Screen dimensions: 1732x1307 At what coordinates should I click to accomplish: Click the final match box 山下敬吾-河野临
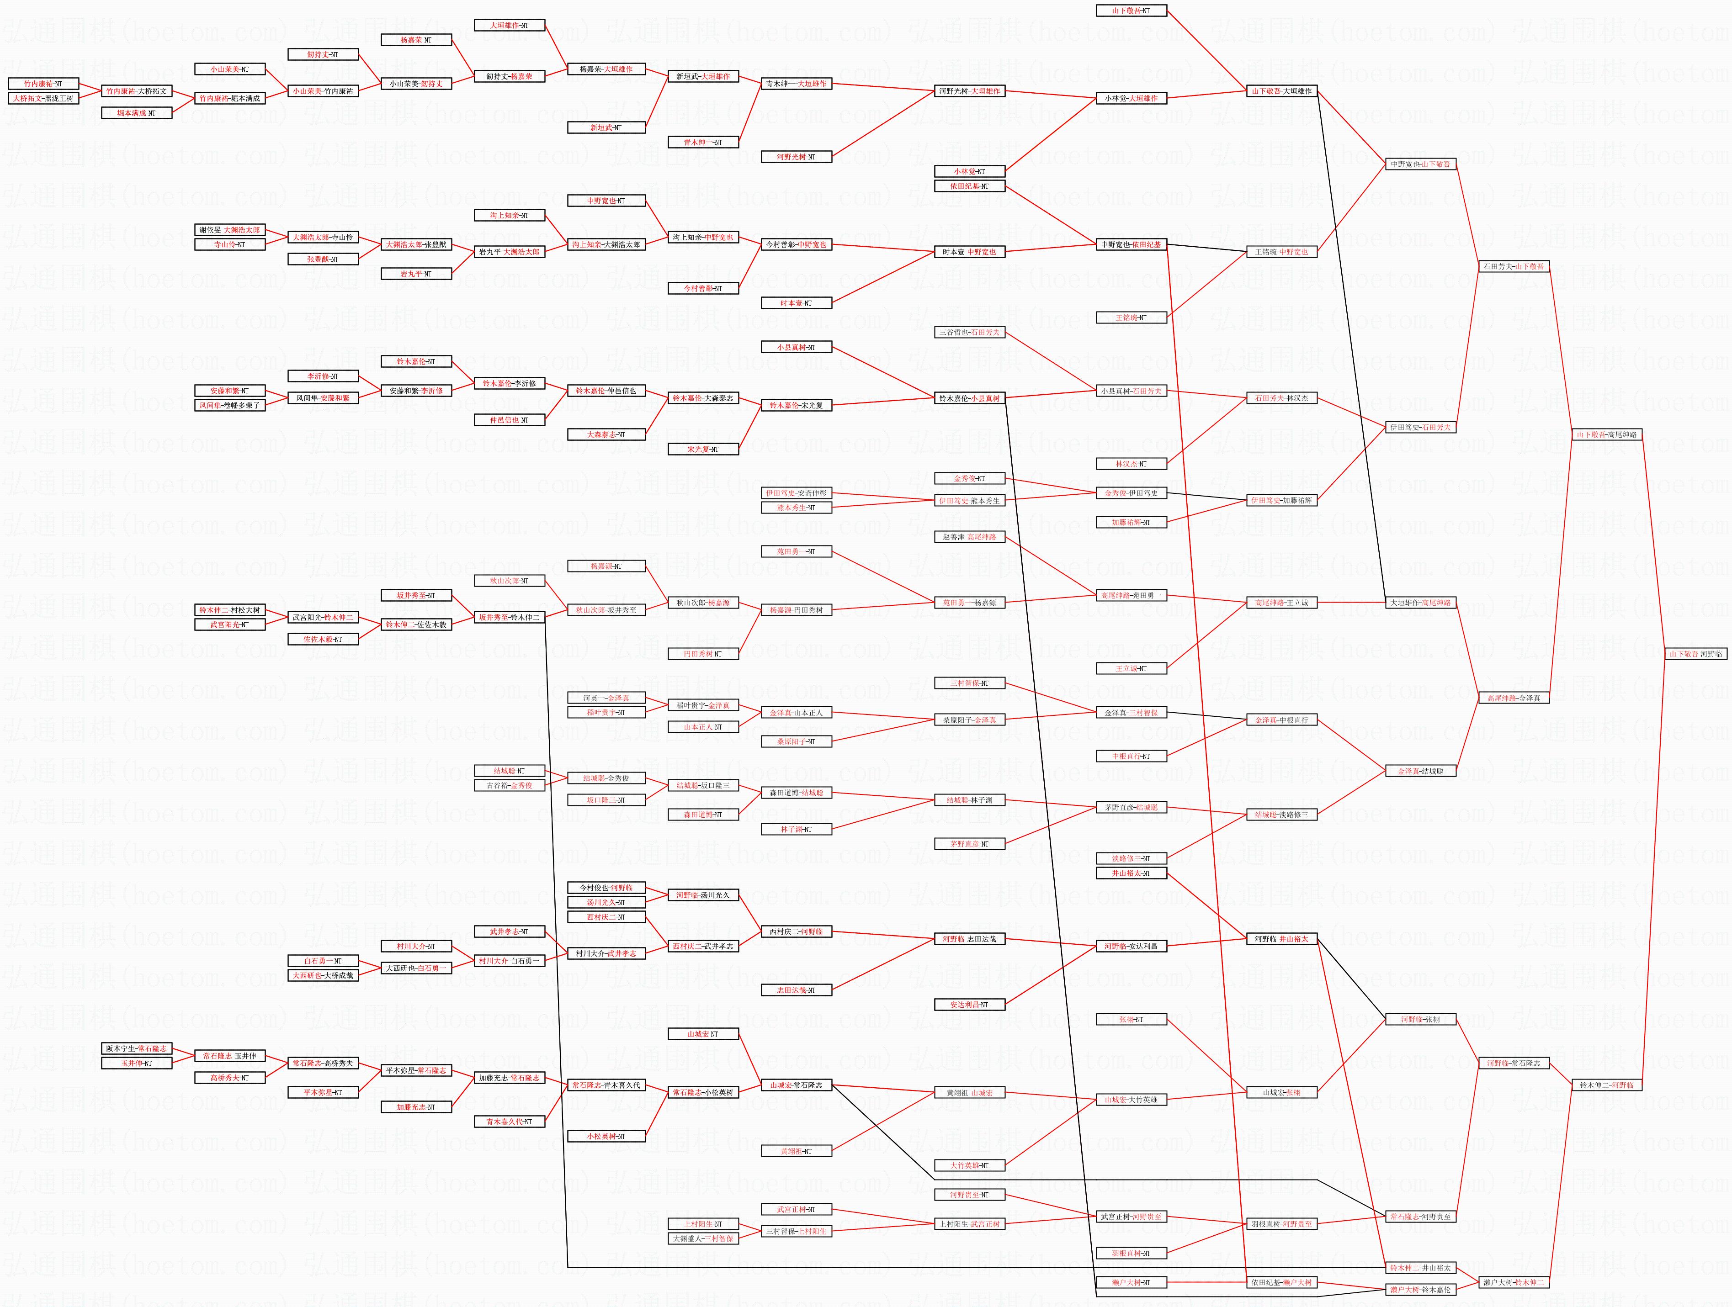(x=1696, y=653)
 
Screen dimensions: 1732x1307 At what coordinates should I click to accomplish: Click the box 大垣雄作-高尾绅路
(x=1420, y=603)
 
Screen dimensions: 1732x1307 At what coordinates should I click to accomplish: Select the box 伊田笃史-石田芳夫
(x=1420, y=427)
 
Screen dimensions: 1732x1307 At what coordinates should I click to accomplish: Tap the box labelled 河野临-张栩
(x=1420, y=1020)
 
